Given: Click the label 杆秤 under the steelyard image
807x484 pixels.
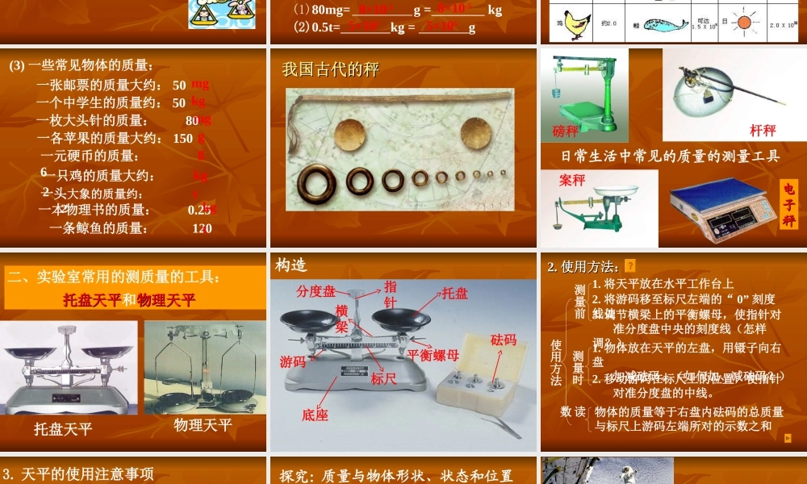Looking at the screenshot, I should pyautogui.click(x=763, y=130).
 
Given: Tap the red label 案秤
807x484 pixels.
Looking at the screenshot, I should pyautogui.click(x=572, y=181).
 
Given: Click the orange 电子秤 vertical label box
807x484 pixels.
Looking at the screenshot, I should pyautogui.click(x=788, y=206).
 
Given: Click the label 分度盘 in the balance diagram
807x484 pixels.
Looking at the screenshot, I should pyautogui.click(x=316, y=291).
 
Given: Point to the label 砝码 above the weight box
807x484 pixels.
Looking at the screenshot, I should pyautogui.click(x=503, y=340).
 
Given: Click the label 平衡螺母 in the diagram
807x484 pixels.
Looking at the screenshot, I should pyautogui.click(x=433, y=355).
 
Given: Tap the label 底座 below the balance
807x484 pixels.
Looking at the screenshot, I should pyautogui.click(x=315, y=415).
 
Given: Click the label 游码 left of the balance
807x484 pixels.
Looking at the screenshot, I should pyautogui.click(x=293, y=361).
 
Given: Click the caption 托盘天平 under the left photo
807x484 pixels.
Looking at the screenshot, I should pyautogui.click(x=63, y=429).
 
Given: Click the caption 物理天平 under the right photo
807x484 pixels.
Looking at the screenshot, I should pyautogui.click(x=203, y=424).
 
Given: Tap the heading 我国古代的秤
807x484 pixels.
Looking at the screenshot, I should pyautogui.click(x=331, y=69).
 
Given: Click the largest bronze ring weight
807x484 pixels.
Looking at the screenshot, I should pyautogui.click(x=316, y=183).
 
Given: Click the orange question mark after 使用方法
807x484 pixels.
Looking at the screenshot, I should pyautogui.click(x=630, y=266).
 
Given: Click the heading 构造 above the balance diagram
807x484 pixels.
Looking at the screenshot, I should pyautogui.click(x=291, y=265).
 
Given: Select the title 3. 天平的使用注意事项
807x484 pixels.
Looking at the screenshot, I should pyautogui.click(x=79, y=474).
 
